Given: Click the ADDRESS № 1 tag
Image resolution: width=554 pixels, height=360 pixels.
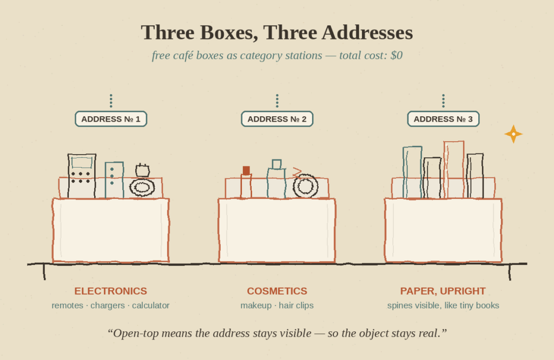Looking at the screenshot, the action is [111, 119].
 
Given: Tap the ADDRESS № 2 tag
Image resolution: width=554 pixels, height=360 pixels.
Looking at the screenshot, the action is [277, 119].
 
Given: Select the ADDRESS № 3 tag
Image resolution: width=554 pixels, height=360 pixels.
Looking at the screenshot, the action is [444, 119].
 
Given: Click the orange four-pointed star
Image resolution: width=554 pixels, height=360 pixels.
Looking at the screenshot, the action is [513, 134].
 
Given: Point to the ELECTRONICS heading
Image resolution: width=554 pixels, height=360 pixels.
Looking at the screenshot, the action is [110, 291].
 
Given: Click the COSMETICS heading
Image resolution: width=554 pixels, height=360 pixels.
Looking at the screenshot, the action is [277, 291].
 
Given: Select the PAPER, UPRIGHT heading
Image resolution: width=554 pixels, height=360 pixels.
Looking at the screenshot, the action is [443, 291].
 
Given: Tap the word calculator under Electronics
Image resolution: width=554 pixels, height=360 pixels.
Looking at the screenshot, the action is [151, 305].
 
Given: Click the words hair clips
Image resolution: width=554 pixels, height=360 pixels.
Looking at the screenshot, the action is [296, 305].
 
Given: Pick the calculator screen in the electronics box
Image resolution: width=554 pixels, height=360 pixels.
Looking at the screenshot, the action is [82, 163].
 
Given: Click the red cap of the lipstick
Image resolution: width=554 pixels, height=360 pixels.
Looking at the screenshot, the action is [246, 170].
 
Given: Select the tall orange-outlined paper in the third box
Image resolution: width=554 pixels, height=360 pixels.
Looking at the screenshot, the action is [454, 170].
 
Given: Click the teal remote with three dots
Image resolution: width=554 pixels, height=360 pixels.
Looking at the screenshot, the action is [115, 180].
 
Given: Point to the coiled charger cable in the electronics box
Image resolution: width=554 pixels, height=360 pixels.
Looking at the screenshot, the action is [142, 187].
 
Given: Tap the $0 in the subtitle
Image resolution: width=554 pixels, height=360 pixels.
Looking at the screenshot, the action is [397, 56].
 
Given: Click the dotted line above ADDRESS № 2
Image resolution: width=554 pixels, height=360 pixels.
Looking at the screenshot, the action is [277, 101].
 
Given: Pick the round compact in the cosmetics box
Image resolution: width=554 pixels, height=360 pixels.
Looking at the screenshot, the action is [306, 186].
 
